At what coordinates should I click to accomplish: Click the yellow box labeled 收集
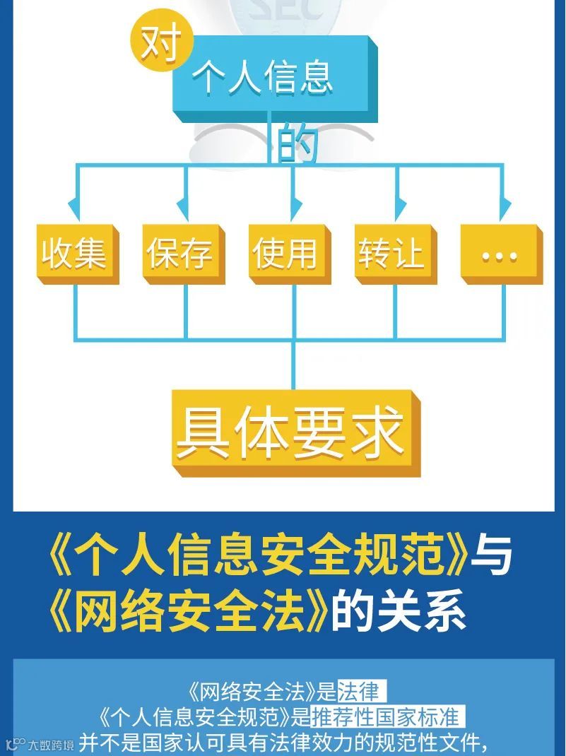pos(74,253)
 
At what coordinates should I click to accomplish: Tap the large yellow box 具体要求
pos(291,430)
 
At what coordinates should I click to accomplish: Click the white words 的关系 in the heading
pos(399,609)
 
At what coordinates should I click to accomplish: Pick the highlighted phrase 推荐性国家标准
pos(387,717)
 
